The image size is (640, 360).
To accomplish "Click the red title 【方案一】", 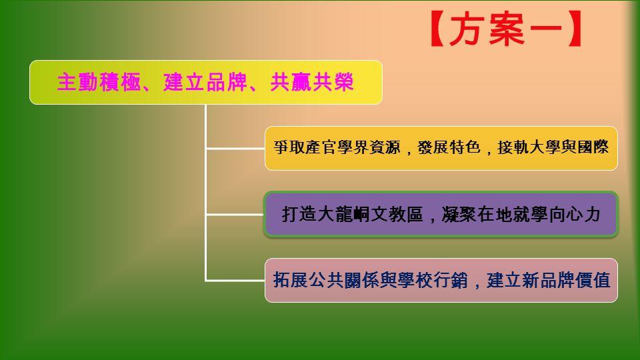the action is click(506, 29).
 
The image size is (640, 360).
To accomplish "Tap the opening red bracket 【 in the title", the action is click(437, 29).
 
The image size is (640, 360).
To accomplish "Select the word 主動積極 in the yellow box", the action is click(99, 82).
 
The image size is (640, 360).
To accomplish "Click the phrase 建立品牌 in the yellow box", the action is click(205, 82).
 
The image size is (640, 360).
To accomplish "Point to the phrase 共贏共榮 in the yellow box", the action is click(312, 82).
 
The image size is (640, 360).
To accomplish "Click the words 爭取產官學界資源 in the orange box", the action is click(337, 147).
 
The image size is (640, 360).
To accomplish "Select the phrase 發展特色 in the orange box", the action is click(449, 147).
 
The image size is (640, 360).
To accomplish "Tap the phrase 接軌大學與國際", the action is click(553, 147).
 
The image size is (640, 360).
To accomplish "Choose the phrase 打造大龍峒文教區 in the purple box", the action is click(352, 214).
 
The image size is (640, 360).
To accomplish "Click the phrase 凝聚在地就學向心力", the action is click(521, 214).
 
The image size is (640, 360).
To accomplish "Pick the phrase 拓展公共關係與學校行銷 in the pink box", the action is click(370, 281).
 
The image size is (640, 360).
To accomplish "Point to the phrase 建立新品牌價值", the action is click(548, 281).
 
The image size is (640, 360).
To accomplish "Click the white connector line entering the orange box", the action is click(235, 149).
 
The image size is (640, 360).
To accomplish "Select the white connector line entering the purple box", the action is click(235, 214).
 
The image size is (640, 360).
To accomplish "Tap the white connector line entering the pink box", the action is click(235, 281).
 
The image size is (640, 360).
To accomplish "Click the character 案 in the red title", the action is click(507, 29).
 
